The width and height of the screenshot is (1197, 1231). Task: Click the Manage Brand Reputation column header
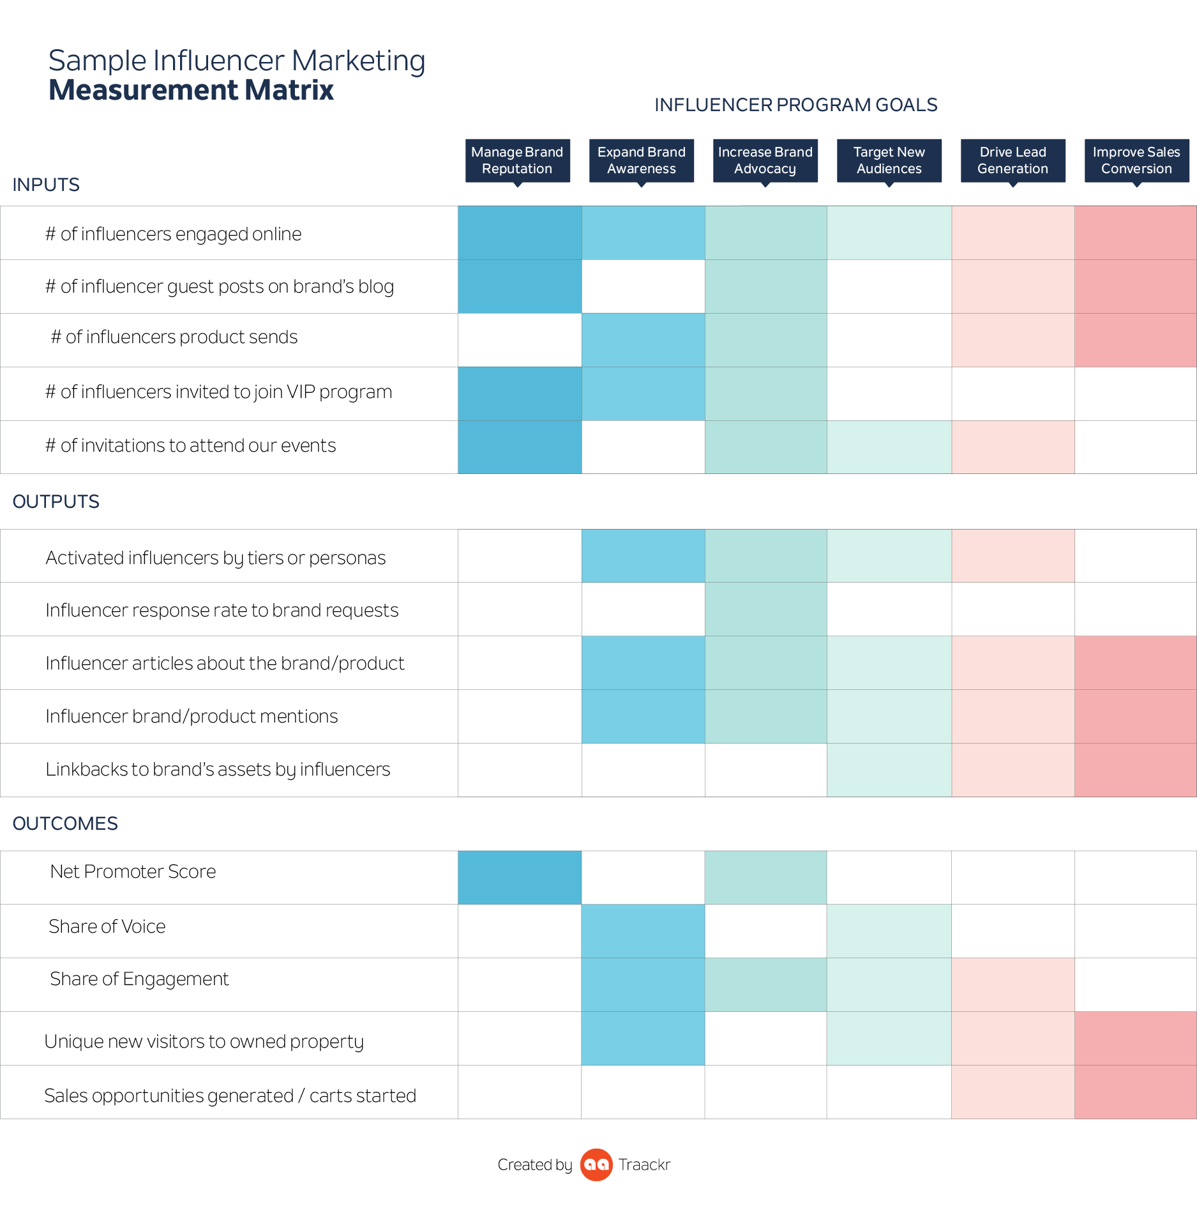click(517, 160)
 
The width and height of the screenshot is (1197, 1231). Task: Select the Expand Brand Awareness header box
click(641, 160)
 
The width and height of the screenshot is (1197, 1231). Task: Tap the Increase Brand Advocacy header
click(765, 160)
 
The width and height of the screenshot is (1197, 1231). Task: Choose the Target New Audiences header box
click(889, 160)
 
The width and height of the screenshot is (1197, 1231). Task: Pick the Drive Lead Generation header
click(1013, 160)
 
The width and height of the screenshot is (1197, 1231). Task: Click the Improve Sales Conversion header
click(1136, 160)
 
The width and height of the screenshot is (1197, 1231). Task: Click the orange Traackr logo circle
click(596, 1165)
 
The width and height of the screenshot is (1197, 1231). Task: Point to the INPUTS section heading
click(46, 185)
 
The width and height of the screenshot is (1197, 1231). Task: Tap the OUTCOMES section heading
click(65, 823)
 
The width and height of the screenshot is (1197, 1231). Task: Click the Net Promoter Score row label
click(133, 871)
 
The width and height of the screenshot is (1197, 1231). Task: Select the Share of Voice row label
click(107, 926)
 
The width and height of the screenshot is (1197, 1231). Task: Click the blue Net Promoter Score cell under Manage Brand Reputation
click(520, 877)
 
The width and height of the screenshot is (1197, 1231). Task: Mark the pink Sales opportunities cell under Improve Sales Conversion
click(1135, 1092)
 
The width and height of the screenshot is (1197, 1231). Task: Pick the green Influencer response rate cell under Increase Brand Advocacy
click(765, 609)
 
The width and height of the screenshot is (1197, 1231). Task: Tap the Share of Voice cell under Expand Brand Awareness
click(643, 931)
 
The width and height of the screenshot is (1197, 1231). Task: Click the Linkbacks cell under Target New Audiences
click(889, 770)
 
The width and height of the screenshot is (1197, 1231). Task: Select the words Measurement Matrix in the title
click(192, 90)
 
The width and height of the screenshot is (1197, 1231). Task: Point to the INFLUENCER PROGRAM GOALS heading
click(795, 105)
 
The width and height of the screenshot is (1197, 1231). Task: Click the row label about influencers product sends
click(174, 337)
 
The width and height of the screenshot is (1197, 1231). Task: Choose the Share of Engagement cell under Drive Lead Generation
click(1013, 984)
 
